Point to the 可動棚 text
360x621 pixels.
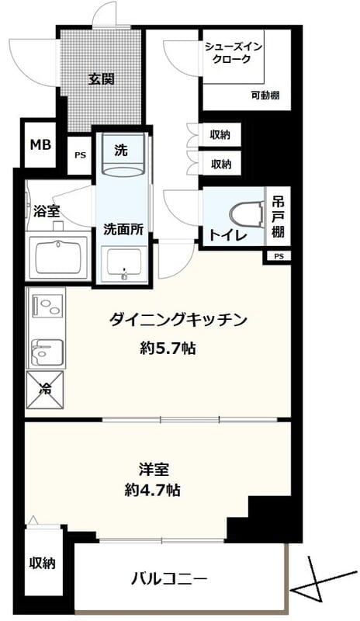coord(265,95)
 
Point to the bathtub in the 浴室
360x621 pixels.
coord(57,253)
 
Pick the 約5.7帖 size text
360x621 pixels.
coord(168,349)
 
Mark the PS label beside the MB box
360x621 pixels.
coord(80,155)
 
